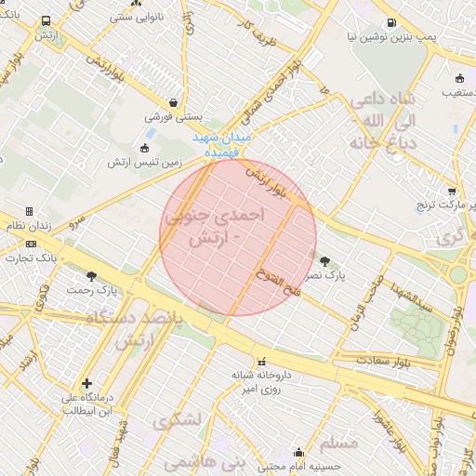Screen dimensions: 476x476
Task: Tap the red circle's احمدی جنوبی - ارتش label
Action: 215,226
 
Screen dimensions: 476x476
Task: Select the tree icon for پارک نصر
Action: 324,261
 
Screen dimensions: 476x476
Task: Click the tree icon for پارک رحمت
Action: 91,276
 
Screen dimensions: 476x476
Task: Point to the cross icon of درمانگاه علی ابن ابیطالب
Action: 86,383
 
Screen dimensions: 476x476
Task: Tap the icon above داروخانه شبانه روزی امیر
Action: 262,361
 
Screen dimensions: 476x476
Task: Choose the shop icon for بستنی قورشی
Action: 173,103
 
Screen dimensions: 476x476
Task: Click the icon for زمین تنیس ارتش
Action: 143,148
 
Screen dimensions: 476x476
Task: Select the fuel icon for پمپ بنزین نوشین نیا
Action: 390,24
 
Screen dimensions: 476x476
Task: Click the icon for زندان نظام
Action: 30,211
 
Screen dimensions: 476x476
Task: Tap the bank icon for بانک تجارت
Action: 31,244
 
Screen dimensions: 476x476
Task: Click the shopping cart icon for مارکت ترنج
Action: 453,190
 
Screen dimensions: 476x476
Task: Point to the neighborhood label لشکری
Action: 180,420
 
